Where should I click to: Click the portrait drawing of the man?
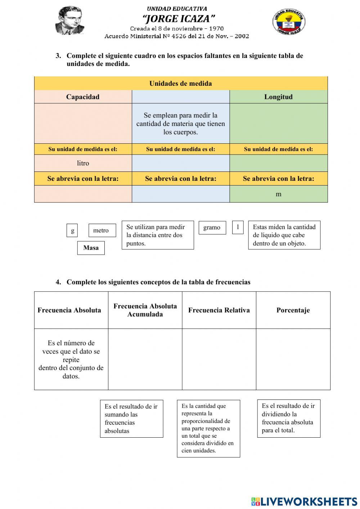pyautogui.click(x=70, y=21)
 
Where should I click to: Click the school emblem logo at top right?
pyautogui.click(x=289, y=22)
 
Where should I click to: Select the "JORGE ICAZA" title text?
pyautogui.click(x=179, y=18)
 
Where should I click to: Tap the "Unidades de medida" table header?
pyautogui.click(x=181, y=84)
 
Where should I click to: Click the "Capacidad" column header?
pyautogui.click(x=83, y=97)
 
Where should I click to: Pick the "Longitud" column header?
pyautogui.click(x=278, y=97)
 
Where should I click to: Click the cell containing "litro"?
pyautogui.click(x=83, y=163)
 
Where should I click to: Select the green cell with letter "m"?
pyautogui.click(x=278, y=194)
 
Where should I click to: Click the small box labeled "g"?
pyautogui.click(x=72, y=231)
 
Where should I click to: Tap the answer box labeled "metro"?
pyautogui.click(x=102, y=231)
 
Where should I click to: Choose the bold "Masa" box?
pyautogui.click(x=91, y=248)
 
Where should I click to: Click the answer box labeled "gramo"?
pyautogui.click(x=212, y=228)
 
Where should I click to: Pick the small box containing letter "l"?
pyautogui.click(x=238, y=227)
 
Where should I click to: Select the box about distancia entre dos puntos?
pyautogui.click(x=158, y=235)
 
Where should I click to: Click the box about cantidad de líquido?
pyautogui.click(x=284, y=235)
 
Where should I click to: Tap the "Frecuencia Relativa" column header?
pyautogui.click(x=219, y=310)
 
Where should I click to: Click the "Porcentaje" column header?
pyautogui.click(x=293, y=310)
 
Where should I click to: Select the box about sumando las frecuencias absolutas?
pyautogui.click(x=131, y=419)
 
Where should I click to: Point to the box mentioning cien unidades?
pyautogui.click(x=208, y=428)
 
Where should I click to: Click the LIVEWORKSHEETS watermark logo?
pyautogui.click(x=304, y=501)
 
